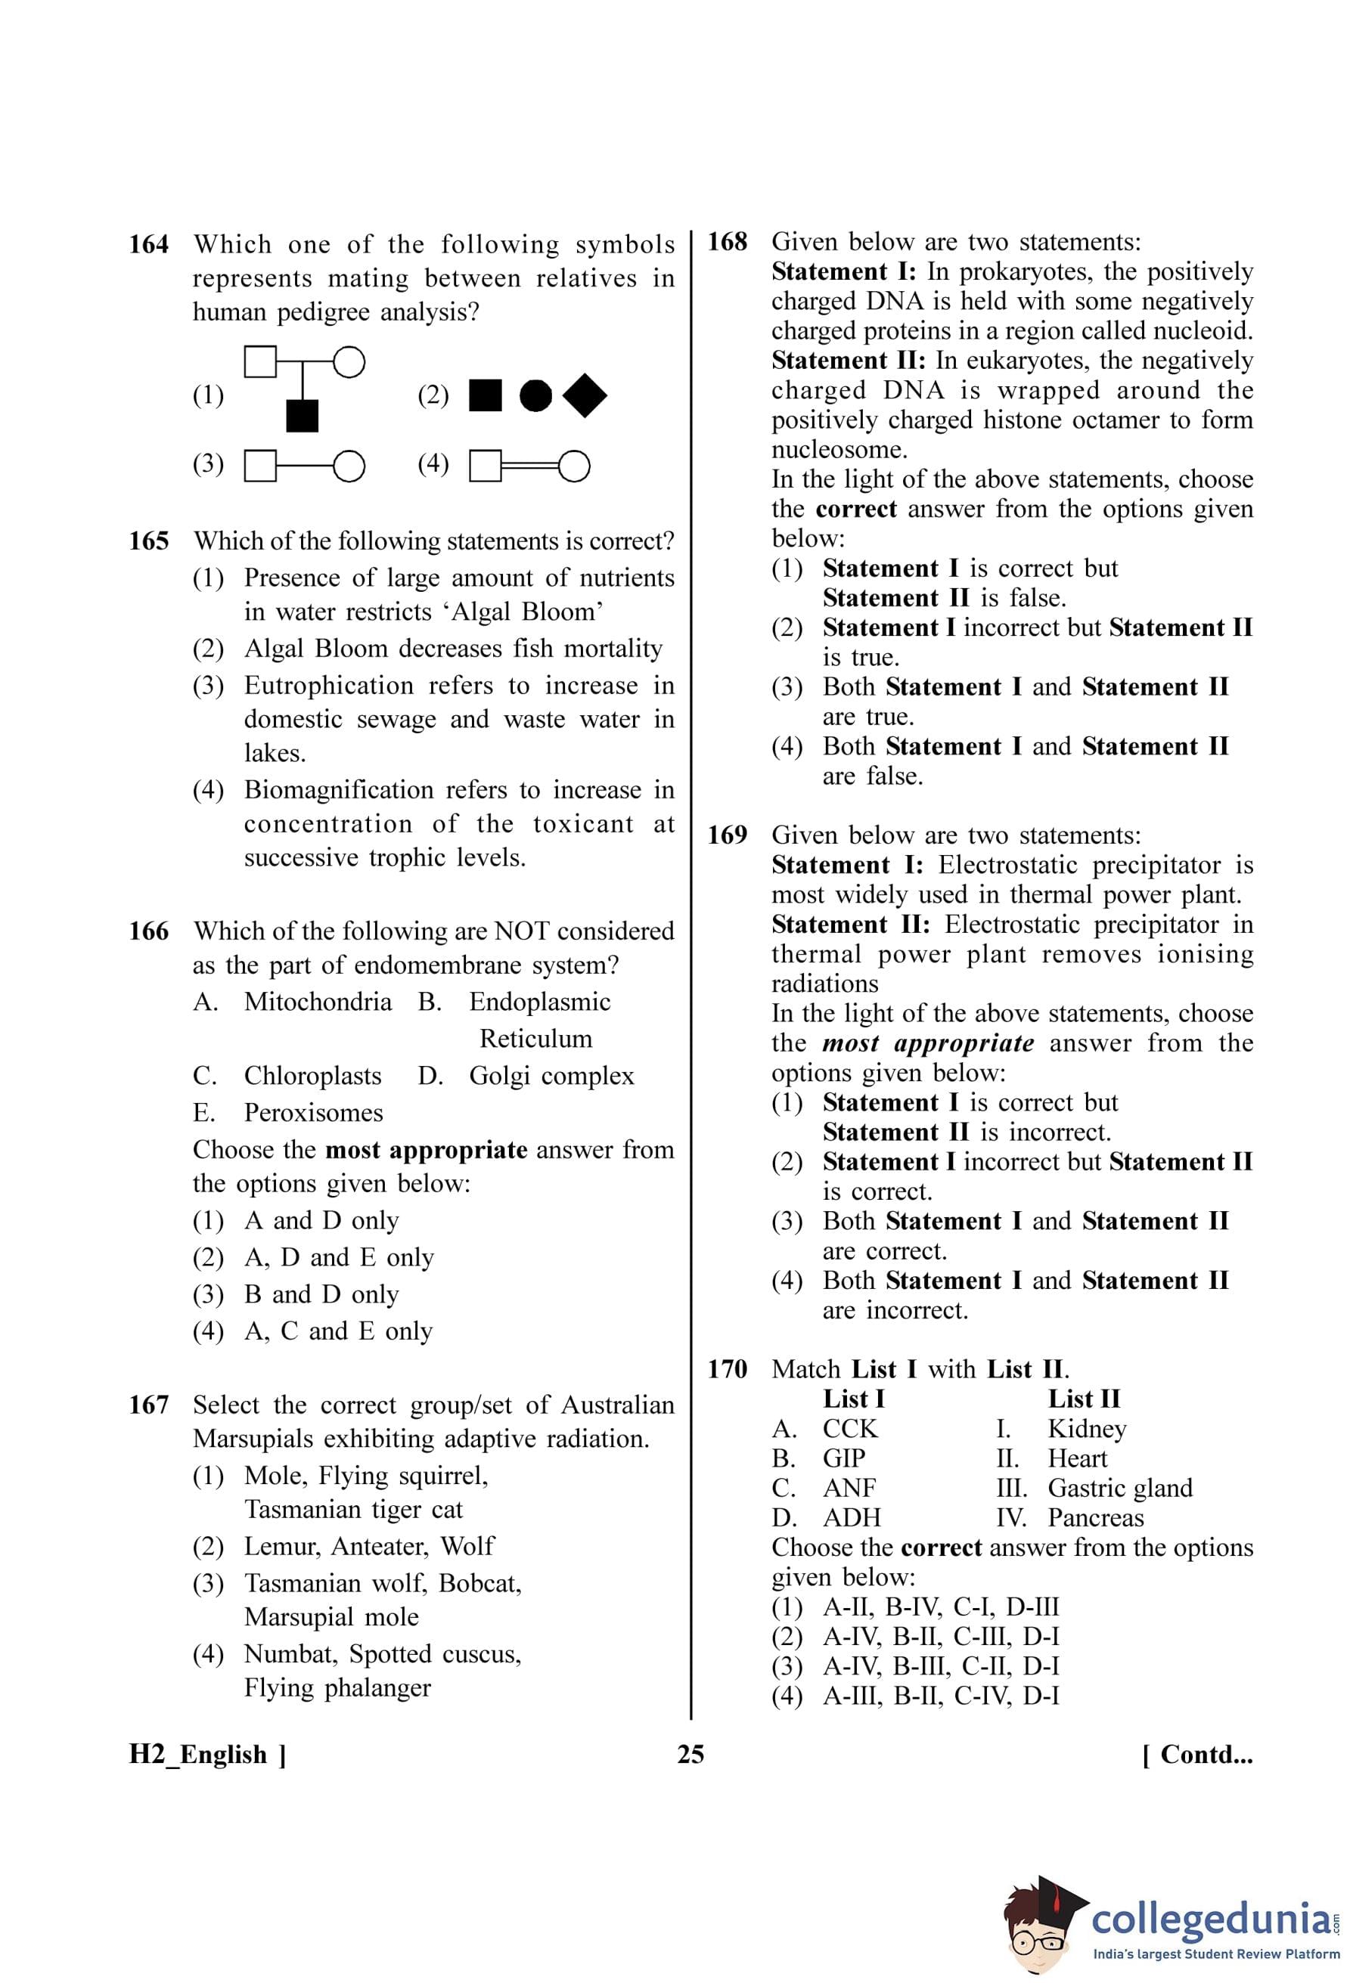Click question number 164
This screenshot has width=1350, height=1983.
148,245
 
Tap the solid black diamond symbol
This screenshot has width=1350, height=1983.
585,396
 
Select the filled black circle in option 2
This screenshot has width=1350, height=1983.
535,396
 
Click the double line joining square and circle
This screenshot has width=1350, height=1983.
530,466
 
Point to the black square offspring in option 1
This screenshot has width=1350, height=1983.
302,416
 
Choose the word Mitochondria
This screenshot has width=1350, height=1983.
318,1002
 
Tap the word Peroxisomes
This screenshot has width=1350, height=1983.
313,1113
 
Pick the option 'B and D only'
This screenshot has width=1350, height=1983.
321,1294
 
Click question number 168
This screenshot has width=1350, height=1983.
727,243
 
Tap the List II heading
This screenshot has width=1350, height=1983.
1084,1399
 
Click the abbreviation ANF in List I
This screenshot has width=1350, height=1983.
849,1488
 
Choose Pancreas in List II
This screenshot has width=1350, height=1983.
1096,1518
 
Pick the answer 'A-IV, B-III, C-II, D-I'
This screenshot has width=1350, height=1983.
940,1666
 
